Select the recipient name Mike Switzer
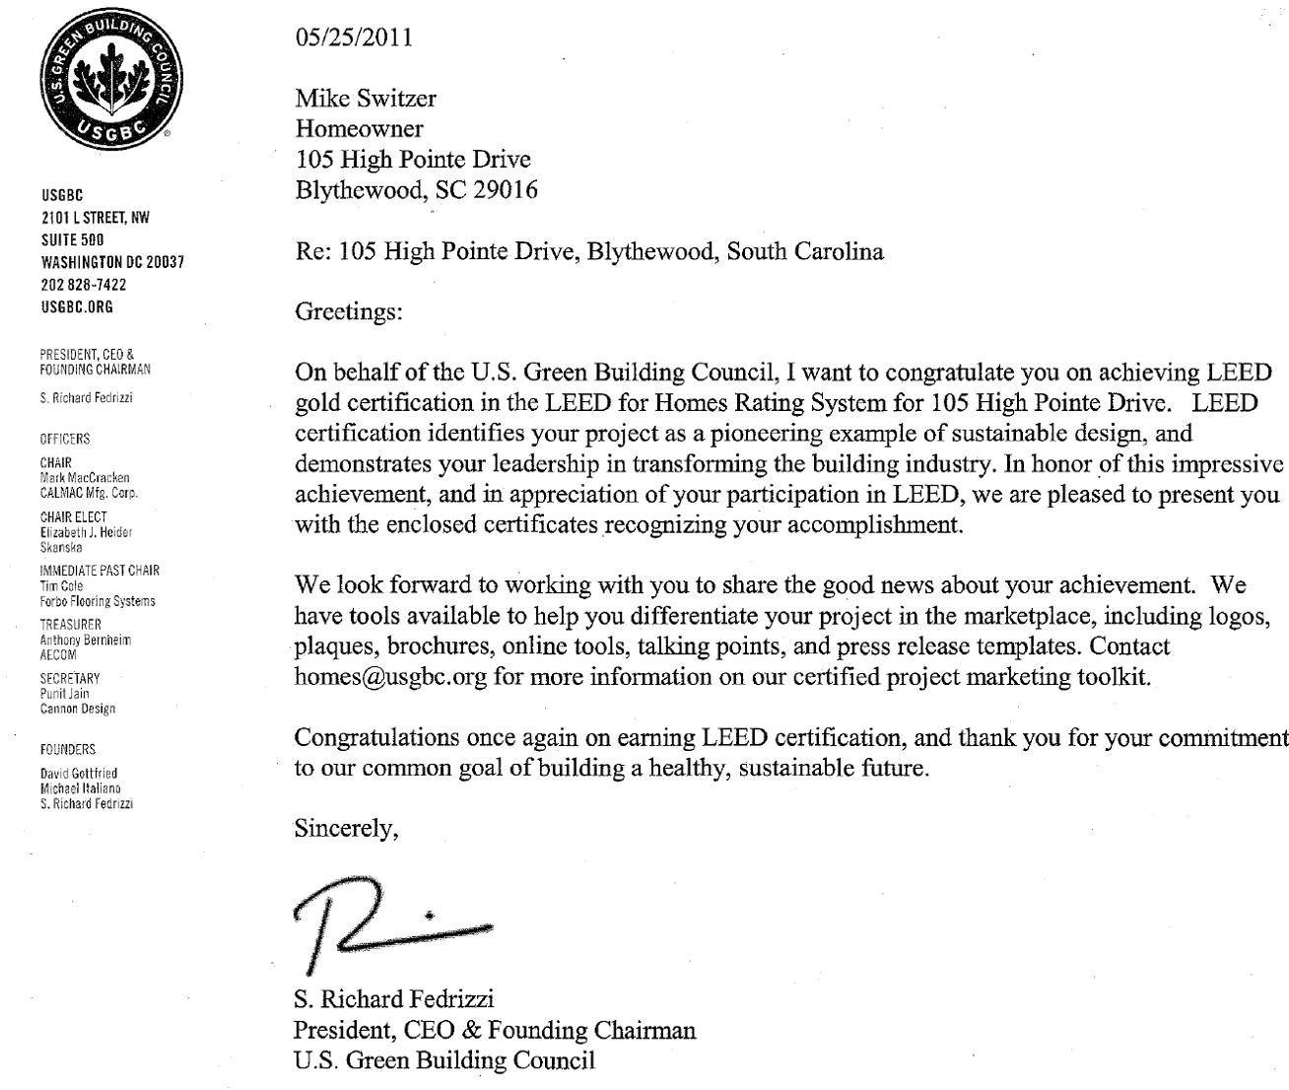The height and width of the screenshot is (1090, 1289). (366, 100)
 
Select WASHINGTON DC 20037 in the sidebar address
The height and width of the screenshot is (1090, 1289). (112, 262)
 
